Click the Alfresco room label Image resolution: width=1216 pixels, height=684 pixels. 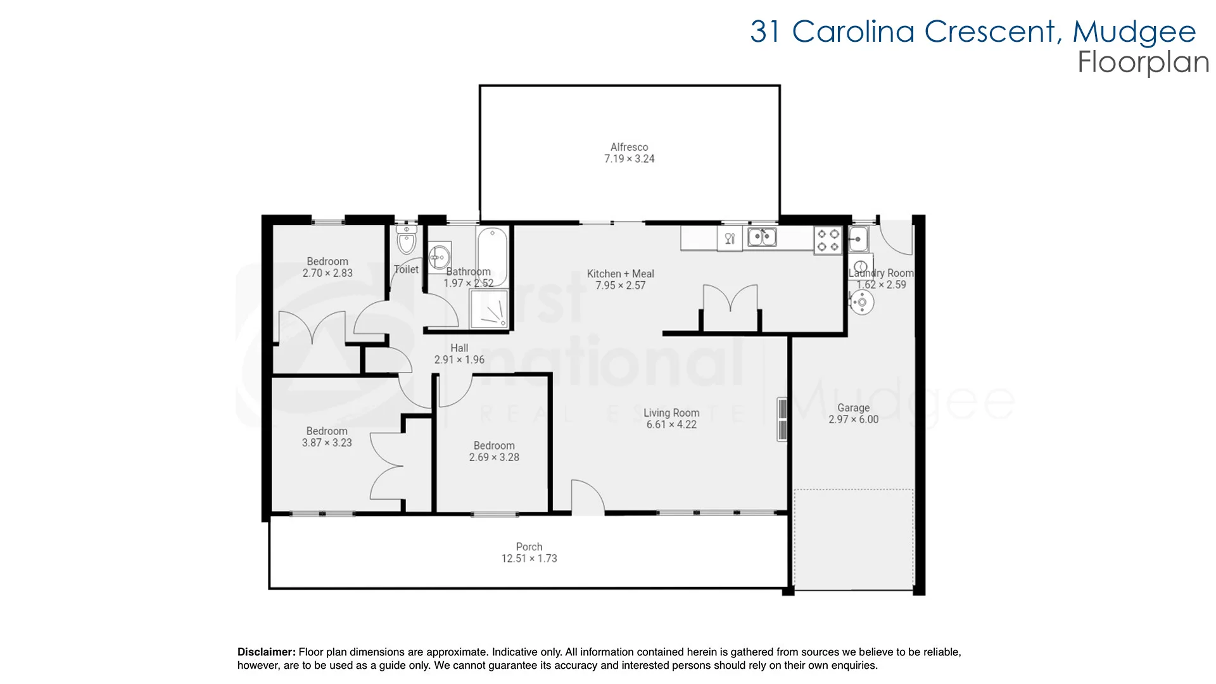[x=629, y=147]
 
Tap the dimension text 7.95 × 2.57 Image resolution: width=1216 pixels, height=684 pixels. [x=620, y=286]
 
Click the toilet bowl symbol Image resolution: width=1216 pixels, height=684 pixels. [x=406, y=241]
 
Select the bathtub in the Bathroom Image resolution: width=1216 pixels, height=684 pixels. [x=491, y=251]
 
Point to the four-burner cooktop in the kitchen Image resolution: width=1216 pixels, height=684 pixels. [x=828, y=240]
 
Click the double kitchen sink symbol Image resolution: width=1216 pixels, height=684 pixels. [x=762, y=237]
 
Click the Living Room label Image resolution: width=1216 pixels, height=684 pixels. [x=671, y=413]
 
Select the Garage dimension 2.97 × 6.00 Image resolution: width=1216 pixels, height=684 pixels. [x=853, y=419]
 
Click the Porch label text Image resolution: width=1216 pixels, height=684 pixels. [x=529, y=547]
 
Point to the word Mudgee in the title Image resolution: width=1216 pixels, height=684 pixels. [x=1134, y=32]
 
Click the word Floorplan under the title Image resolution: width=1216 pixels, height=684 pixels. [x=1143, y=62]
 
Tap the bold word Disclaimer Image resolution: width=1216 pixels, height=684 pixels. [x=266, y=652]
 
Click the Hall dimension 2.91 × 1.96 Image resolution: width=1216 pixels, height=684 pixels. [x=459, y=360]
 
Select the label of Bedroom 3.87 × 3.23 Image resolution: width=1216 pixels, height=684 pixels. [x=327, y=431]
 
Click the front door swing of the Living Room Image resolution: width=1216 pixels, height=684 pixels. [x=587, y=495]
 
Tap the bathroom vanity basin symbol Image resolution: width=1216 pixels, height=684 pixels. [x=438, y=257]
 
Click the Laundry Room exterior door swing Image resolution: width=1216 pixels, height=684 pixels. [x=896, y=237]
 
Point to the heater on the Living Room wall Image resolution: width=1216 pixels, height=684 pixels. [x=782, y=419]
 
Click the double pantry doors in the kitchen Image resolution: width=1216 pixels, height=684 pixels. [x=730, y=301]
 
